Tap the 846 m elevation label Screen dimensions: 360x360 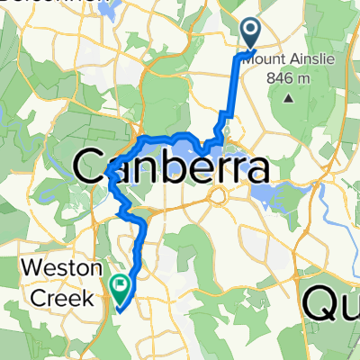(x=289, y=79)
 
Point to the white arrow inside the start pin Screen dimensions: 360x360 (x=250, y=31)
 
